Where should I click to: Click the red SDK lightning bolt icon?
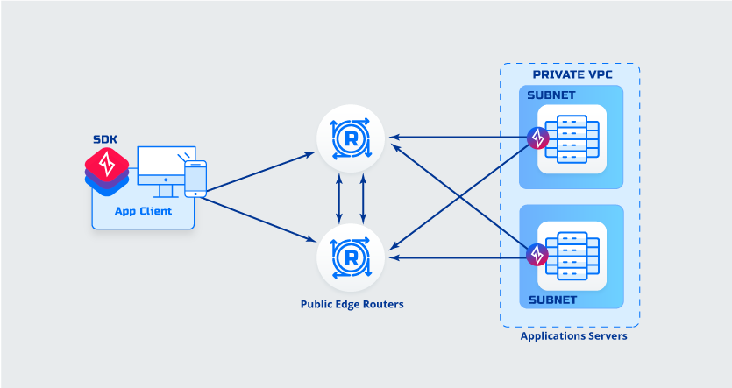(107, 164)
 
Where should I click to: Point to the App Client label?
(144, 211)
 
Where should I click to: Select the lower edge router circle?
(351, 257)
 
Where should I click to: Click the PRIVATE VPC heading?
(570, 74)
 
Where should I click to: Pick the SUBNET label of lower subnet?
(551, 300)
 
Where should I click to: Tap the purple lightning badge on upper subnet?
(537, 138)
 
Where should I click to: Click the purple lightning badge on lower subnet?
(537, 256)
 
